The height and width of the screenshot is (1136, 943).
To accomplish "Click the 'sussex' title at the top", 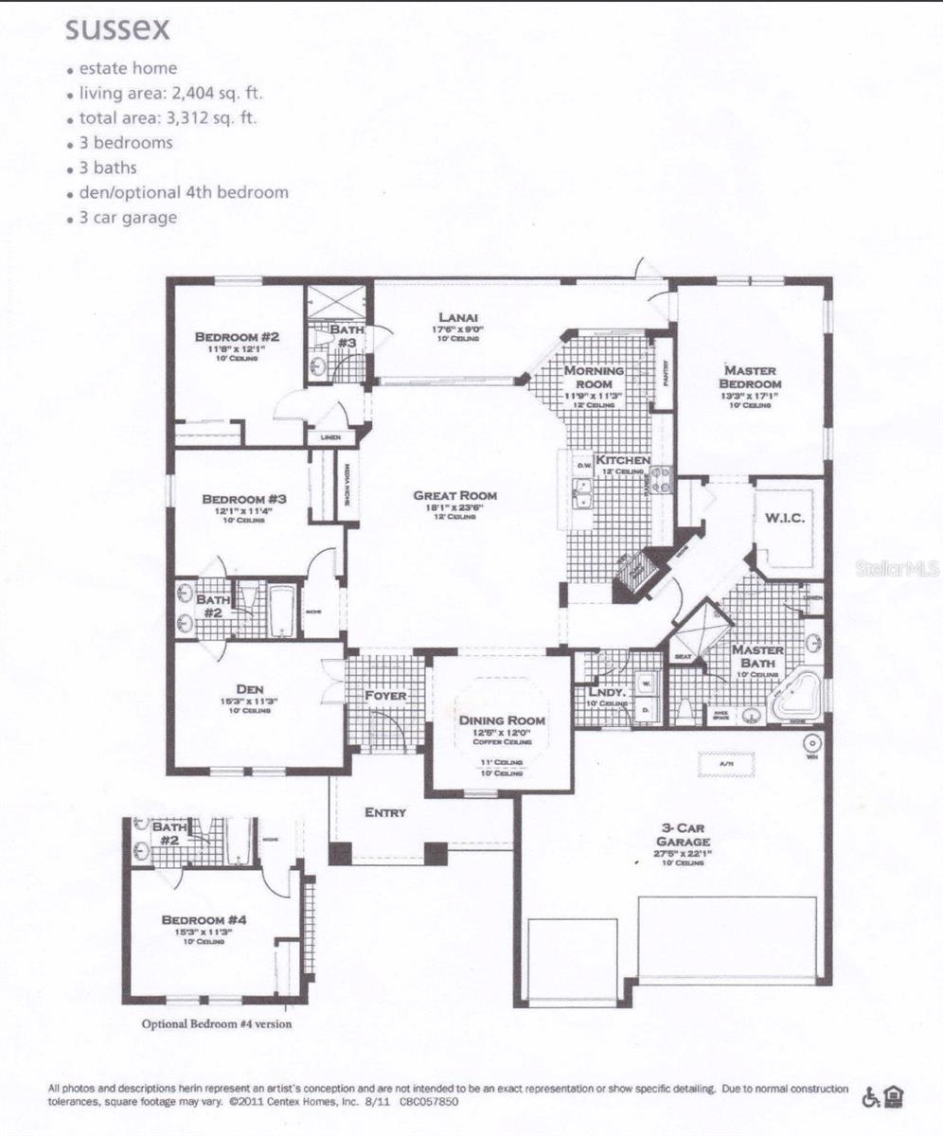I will coord(117,29).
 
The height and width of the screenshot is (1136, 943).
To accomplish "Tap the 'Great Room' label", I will coord(454,495).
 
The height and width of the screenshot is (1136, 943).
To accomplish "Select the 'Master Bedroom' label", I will coord(751,377).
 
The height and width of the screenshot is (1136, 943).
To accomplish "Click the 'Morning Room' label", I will coord(594,378).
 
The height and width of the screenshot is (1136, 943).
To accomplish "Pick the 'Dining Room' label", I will coord(501,720).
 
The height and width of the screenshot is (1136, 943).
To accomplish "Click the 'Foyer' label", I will coord(385,696).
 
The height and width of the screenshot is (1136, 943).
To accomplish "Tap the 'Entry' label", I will coord(385,812).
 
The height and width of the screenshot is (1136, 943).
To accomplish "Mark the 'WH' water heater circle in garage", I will coord(810,744).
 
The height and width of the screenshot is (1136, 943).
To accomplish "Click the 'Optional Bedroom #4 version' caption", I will coord(217,1023).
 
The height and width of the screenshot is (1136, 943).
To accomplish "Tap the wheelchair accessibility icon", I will coord(869,1097).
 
